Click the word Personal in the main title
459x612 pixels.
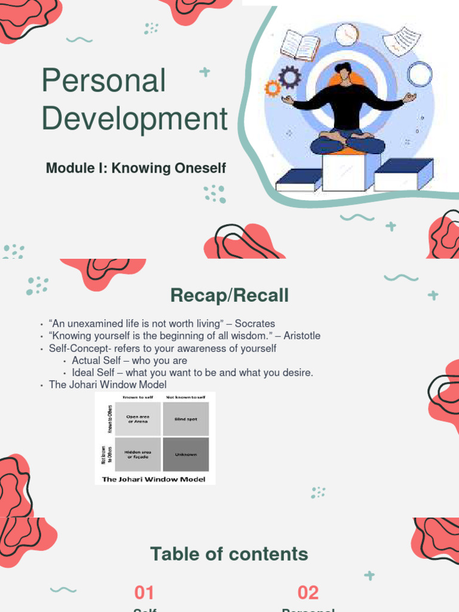click(x=103, y=81)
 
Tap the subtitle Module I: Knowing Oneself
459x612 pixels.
click(x=136, y=169)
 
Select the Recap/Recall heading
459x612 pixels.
click(x=229, y=295)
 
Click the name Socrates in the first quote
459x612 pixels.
click(x=256, y=324)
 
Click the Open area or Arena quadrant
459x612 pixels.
click(x=138, y=419)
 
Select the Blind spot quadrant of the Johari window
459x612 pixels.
click(x=186, y=419)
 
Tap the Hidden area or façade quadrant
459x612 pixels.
click(x=138, y=454)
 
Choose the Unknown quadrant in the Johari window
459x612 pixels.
click(x=186, y=454)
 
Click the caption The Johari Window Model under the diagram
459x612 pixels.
click(x=154, y=479)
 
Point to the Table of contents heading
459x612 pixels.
click(x=229, y=554)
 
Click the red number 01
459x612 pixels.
click(x=145, y=593)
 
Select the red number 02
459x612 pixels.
click(x=308, y=593)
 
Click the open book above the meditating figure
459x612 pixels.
click(x=300, y=45)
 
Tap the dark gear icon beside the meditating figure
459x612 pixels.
click(x=290, y=77)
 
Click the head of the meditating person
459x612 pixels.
click(x=343, y=72)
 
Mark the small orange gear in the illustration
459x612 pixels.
click(x=273, y=89)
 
